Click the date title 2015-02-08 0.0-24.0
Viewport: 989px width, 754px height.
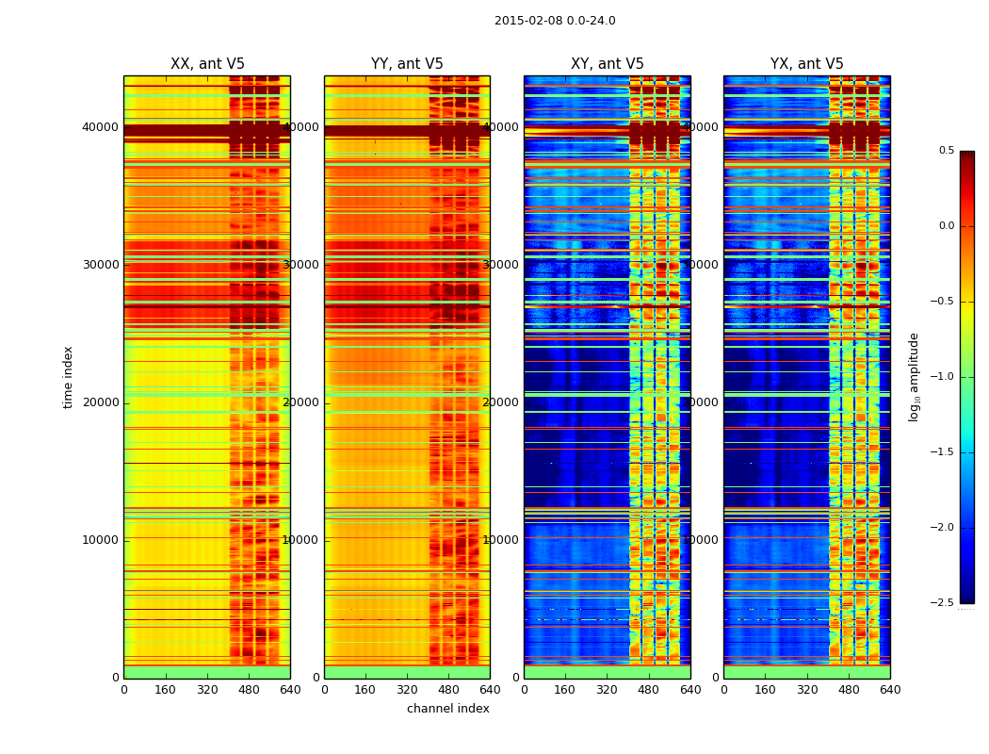pos(555,21)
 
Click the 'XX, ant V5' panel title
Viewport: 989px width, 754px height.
pos(207,64)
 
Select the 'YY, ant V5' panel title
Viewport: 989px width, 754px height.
pos(407,64)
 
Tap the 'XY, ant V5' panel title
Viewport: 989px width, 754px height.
pos(608,64)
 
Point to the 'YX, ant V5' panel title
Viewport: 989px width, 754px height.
pos(807,64)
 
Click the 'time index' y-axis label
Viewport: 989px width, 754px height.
pos(68,377)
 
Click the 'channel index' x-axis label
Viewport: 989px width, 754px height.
pos(448,709)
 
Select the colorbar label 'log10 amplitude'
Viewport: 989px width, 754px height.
pos(914,377)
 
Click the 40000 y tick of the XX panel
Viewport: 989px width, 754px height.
pos(100,127)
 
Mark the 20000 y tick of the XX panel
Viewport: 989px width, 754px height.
pos(100,402)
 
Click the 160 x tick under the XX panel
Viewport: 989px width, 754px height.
pos(166,689)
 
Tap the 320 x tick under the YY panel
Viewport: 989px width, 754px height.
pos(407,689)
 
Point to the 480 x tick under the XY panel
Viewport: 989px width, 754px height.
pos(648,689)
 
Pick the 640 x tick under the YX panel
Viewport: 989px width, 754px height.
pos(890,689)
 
